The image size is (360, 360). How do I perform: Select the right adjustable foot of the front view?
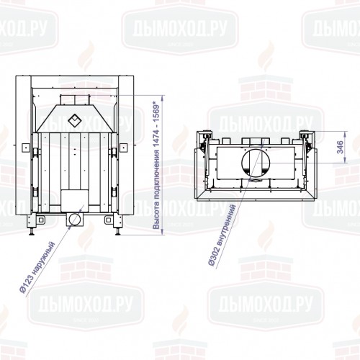[x=117, y=229]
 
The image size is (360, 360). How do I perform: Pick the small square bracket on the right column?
[x=115, y=150]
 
